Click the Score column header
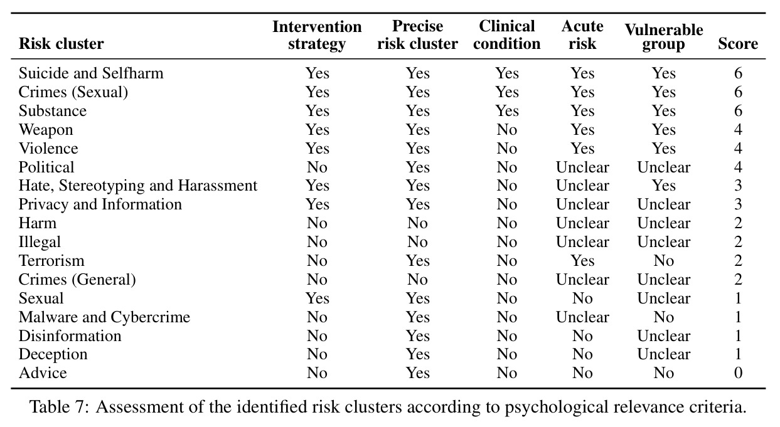[x=737, y=44]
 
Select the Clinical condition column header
[x=506, y=35]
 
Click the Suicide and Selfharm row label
[x=91, y=73]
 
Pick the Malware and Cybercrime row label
[x=104, y=317]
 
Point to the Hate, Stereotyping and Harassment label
[x=138, y=186]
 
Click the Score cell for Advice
[x=738, y=373]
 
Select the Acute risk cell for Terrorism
[x=582, y=261]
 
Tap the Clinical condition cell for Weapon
[x=506, y=129]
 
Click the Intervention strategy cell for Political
[x=317, y=167]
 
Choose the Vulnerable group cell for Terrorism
[x=664, y=261]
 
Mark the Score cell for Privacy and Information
[x=738, y=204]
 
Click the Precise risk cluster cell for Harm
[x=417, y=223]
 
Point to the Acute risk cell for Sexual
[x=582, y=298]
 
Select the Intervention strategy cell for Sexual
[x=318, y=298]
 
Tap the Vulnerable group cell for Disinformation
[x=664, y=336]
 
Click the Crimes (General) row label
[x=77, y=280]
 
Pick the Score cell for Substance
[x=738, y=110]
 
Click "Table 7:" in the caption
[x=60, y=407]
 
